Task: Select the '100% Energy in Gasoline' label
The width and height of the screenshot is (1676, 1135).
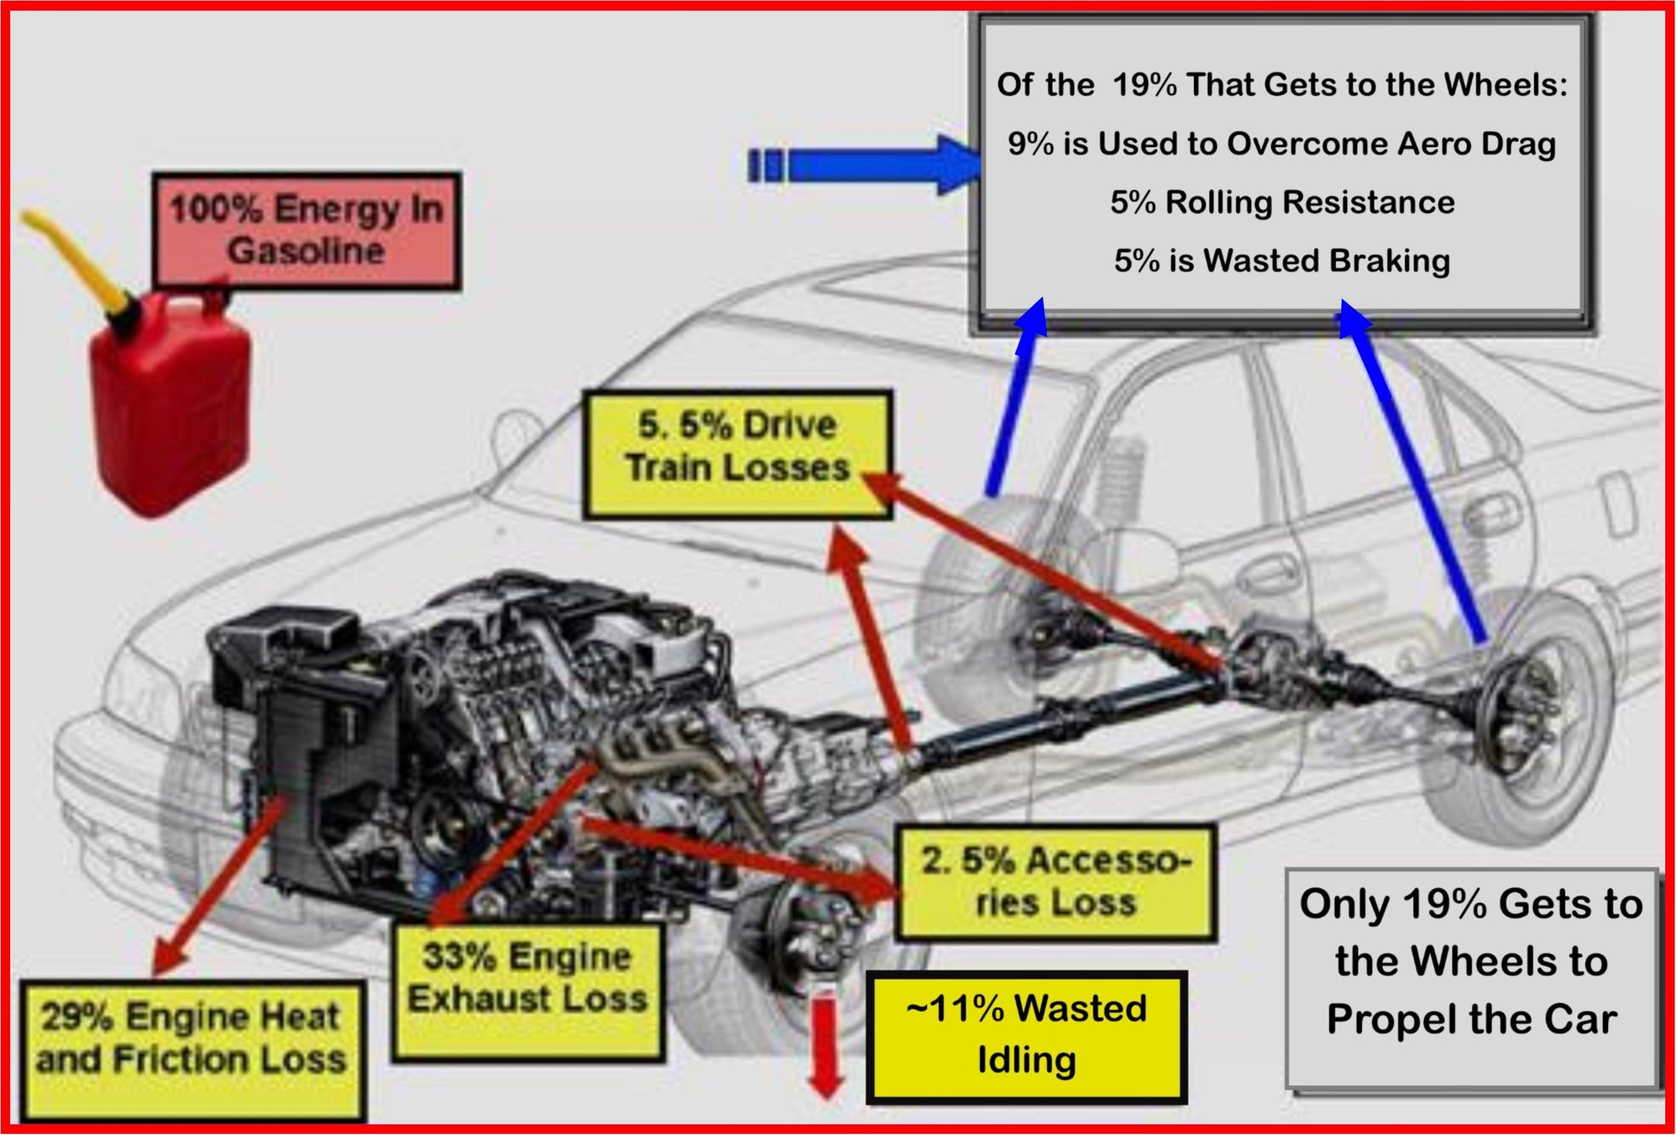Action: tap(306, 230)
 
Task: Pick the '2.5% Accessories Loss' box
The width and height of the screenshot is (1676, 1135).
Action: tap(1055, 881)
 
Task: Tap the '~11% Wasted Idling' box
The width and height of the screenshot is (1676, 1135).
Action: tap(1026, 1035)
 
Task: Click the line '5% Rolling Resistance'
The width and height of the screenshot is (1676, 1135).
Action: tap(1281, 202)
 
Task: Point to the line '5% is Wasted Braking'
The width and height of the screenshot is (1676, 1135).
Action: tap(1281, 261)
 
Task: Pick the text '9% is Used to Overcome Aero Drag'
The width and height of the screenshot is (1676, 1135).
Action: tap(1281, 144)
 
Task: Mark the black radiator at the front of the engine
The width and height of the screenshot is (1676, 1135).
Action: tap(294, 756)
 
